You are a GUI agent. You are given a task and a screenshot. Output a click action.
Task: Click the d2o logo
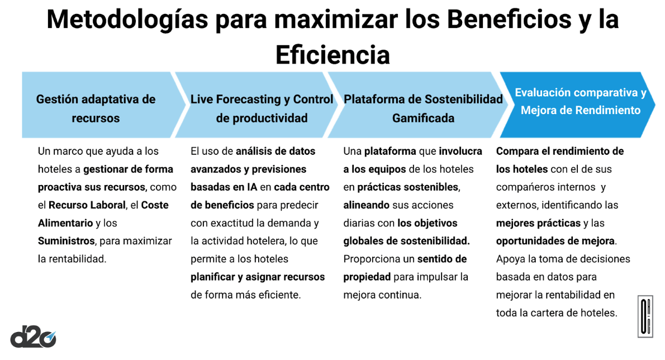pos(33,337)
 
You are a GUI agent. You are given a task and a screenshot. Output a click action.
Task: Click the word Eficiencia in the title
pos(332,55)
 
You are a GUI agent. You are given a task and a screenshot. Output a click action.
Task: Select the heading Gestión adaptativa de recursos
pos(96,108)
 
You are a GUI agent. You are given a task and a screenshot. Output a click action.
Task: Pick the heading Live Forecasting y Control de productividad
pos(262,108)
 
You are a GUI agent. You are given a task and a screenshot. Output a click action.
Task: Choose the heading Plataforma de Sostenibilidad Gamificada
pos(423,108)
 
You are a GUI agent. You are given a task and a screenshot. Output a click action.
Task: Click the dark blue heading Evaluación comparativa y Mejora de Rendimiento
pos(581,101)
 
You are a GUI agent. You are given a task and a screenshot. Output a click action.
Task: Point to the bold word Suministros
pos(66,241)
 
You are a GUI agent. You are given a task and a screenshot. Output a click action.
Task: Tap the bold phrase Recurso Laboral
pos(87,205)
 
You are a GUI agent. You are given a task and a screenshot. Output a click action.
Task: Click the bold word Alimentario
pos(65,223)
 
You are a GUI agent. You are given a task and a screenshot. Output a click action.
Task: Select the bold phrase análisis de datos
pos(275,151)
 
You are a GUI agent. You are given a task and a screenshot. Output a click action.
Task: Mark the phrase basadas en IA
pos(224,187)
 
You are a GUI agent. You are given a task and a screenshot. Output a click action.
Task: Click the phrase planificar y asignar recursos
pos(258,277)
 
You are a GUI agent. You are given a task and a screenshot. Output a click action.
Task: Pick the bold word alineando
pos(367,205)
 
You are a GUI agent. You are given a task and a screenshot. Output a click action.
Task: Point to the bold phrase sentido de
pos(442,259)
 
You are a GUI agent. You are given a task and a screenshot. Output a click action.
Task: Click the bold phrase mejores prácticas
pos(538,223)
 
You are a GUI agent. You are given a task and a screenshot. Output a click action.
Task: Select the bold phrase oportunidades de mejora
pos(555,241)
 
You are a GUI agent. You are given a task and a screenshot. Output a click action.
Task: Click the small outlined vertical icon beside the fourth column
pos(645,316)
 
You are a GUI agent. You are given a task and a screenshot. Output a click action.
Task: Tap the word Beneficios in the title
pos(509,20)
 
